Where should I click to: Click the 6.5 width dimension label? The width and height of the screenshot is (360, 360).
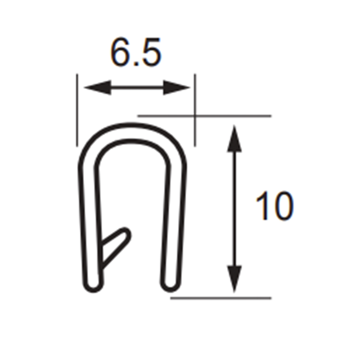136,52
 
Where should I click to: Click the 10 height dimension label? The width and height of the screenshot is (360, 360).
275,206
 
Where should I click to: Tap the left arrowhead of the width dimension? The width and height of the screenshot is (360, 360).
97,87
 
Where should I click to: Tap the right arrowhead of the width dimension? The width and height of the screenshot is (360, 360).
177,87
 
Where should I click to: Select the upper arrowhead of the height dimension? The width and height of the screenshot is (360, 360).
234,138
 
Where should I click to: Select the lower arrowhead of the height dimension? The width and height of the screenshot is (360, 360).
234,279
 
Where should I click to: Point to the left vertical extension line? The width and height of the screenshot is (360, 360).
77,110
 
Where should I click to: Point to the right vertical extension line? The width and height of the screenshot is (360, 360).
195,110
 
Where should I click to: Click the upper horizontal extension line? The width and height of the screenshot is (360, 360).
204,116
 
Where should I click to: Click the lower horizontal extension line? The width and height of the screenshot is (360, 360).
221,298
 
